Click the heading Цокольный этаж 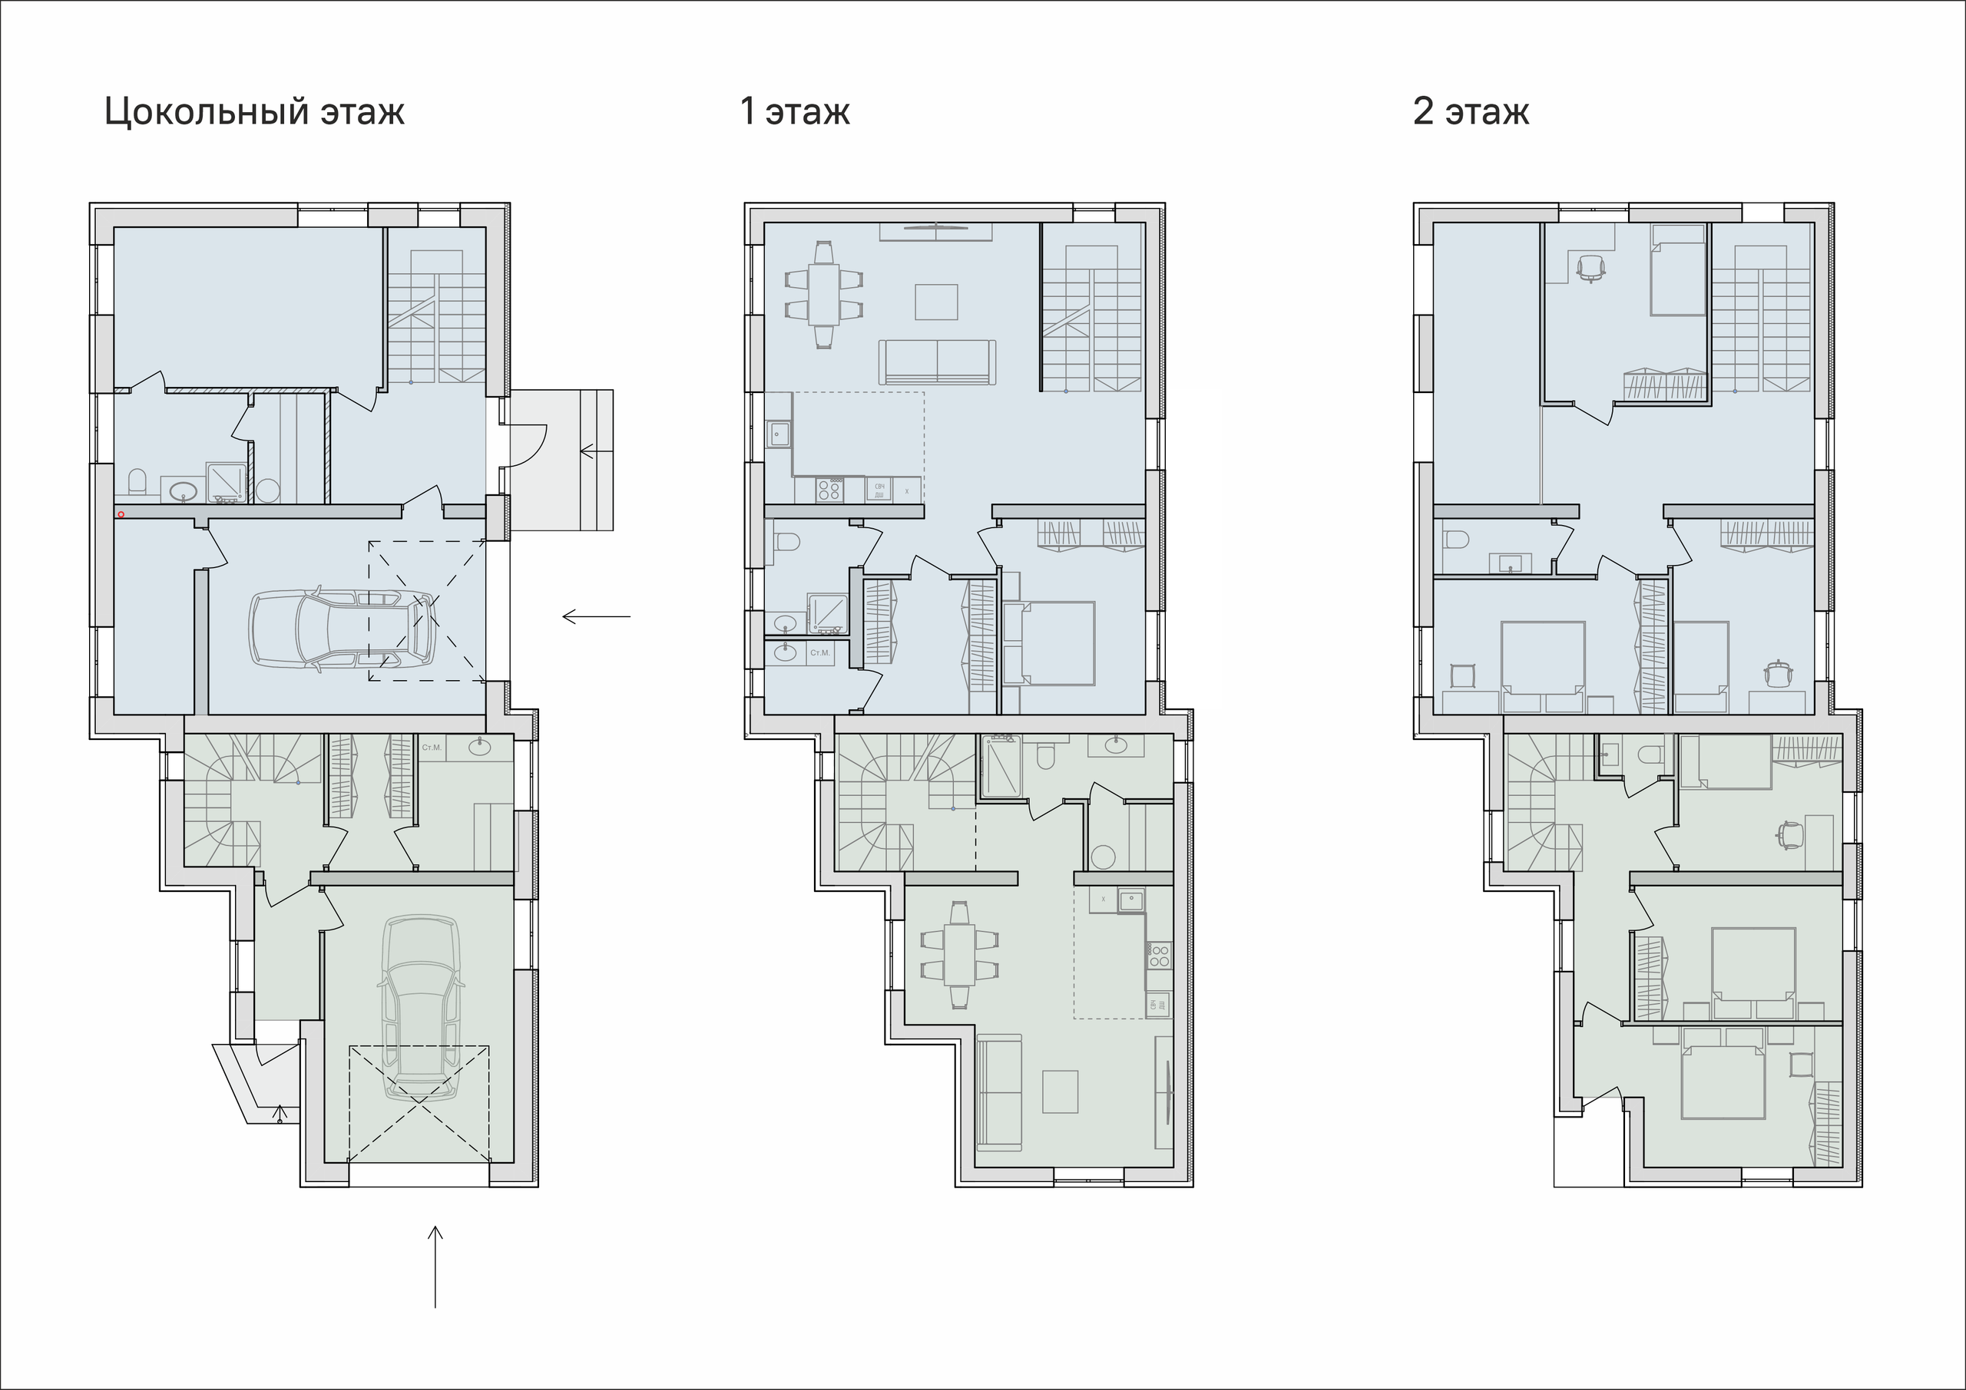pyautogui.click(x=253, y=112)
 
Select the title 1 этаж pyautogui.click(x=794, y=112)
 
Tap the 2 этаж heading pyautogui.click(x=1470, y=112)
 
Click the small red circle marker pyautogui.click(x=121, y=514)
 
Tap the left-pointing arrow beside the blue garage pyautogui.click(x=596, y=616)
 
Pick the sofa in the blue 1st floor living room pyautogui.click(x=937, y=362)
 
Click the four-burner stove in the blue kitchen pyautogui.click(x=829, y=490)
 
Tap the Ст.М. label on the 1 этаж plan pyautogui.click(x=819, y=653)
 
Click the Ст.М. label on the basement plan pyautogui.click(x=432, y=748)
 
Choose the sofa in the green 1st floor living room pyautogui.click(x=999, y=1092)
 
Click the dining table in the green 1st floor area pyautogui.click(x=959, y=954)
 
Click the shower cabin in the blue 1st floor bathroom pyautogui.click(x=827, y=612)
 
